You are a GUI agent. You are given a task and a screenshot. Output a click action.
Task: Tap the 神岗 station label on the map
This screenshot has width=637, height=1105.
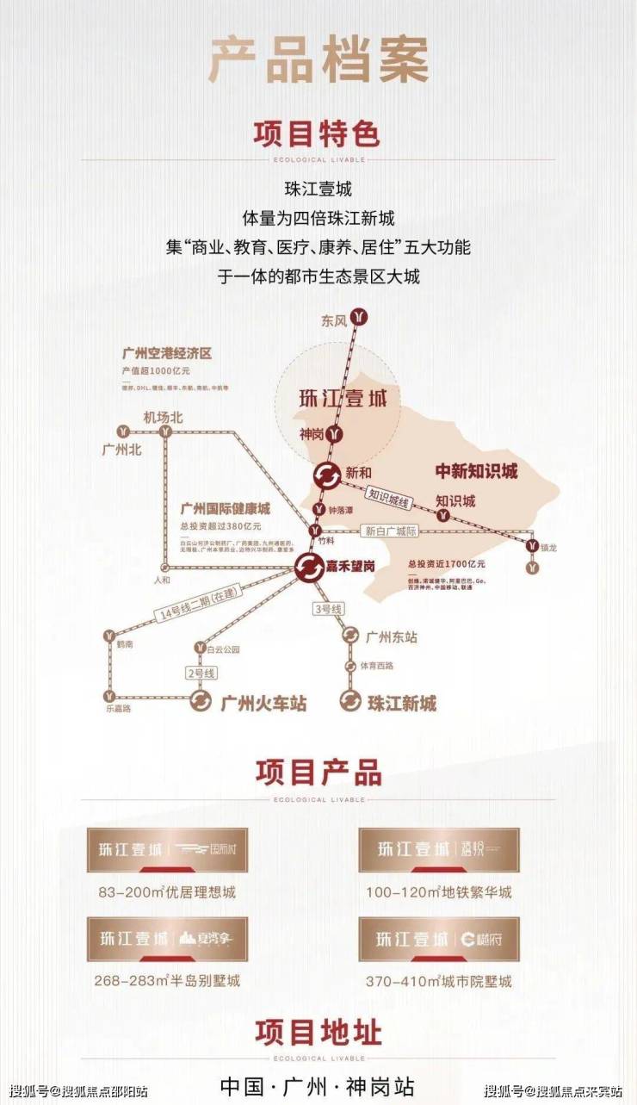click(x=312, y=435)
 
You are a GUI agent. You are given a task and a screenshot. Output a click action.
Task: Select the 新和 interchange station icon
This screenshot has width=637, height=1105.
click(x=326, y=475)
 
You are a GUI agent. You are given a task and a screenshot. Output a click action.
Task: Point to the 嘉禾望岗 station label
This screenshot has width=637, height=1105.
click(x=351, y=566)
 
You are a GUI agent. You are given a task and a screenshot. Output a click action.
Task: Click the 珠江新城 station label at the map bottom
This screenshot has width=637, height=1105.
click(x=402, y=703)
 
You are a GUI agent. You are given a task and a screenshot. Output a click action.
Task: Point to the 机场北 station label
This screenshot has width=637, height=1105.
click(x=164, y=418)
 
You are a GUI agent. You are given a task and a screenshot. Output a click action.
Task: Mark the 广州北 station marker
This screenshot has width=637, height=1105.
click(x=125, y=430)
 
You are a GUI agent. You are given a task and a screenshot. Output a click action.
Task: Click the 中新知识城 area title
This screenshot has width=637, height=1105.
click(x=476, y=471)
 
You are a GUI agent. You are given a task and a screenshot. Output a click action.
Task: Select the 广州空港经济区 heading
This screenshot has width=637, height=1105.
click(x=167, y=354)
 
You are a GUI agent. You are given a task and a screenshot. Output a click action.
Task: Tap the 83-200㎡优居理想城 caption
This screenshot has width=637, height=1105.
click(x=162, y=892)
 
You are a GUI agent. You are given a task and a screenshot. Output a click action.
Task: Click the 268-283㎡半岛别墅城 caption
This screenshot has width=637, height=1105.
click(x=167, y=981)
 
